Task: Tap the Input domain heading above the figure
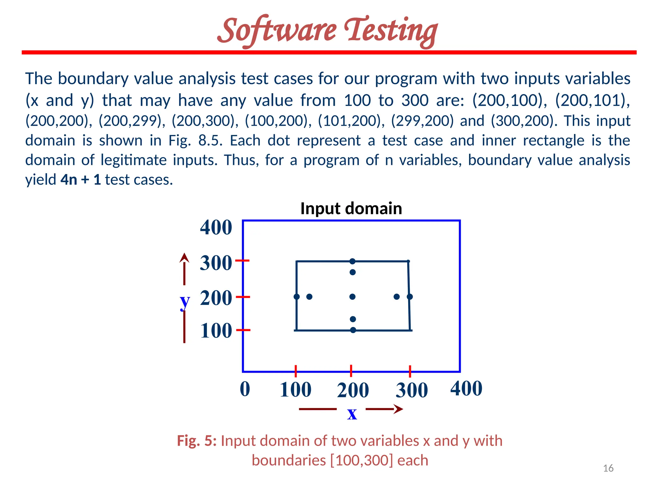[x=351, y=209]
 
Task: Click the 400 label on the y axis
[x=216, y=227]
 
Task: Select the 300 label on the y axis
[x=216, y=263]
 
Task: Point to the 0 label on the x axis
[x=245, y=389]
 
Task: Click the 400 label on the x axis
[x=466, y=388]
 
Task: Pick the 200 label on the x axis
[x=353, y=390]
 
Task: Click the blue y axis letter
[x=185, y=301]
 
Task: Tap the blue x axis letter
[x=352, y=413]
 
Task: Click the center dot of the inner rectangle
[x=352, y=297]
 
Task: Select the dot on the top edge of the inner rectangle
[x=352, y=261]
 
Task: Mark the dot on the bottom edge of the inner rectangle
[x=353, y=330]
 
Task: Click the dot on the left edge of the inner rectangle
[x=297, y=297]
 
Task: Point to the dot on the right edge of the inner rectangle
[x=410, y=297]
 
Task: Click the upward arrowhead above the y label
[x=184, y=257]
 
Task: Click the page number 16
[x=608, y=468]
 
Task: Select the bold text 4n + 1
[x=81, y=180]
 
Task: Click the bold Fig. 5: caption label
[x=197, y=441]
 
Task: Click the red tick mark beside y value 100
[x=243, y=330]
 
